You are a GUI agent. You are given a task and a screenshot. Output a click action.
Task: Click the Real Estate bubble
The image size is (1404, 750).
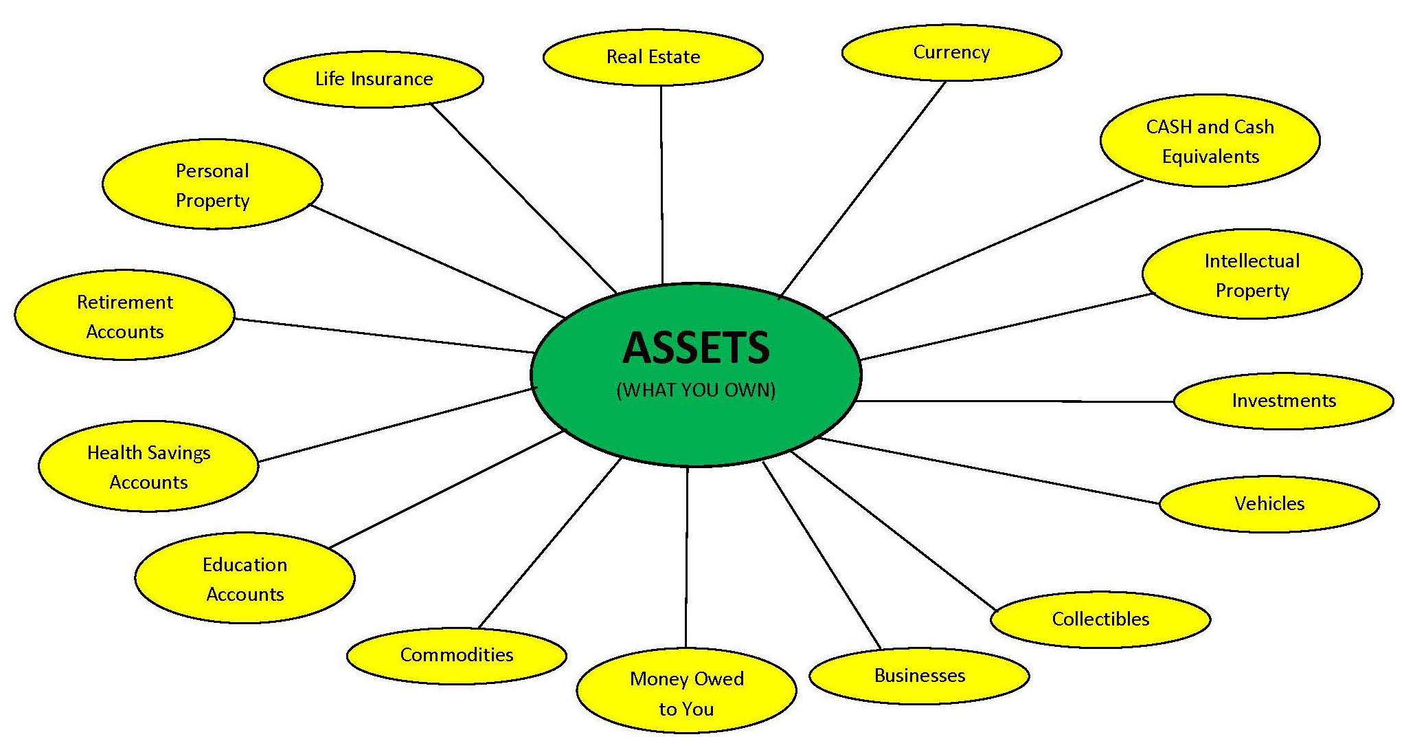tap(653, 57)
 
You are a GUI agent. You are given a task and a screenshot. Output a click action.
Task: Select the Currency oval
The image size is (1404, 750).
tap(951, 53)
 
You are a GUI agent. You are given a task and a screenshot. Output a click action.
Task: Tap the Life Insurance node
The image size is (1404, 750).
tap(374, 79)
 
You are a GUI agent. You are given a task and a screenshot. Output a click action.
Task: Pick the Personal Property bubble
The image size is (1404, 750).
tap(212, 185)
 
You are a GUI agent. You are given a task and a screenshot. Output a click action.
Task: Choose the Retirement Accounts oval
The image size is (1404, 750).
tap(124, 316)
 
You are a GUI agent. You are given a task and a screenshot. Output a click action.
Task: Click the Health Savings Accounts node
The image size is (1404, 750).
tap(148, 467)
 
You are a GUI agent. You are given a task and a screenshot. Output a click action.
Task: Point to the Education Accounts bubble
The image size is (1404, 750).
tap(245, 579)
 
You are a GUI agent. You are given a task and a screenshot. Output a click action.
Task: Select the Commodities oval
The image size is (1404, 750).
tap(456, 655)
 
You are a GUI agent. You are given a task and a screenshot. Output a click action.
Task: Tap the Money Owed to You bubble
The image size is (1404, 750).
tap(686, 693)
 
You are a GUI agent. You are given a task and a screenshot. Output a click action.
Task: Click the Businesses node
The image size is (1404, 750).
tap(919, 676)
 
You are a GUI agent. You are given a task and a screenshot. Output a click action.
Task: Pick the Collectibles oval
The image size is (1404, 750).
tap(1100, 619)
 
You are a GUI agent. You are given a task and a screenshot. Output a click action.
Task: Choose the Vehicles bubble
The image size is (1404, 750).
tap(1269, 504)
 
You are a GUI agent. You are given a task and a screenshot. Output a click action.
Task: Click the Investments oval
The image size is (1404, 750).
tap(1283, 401)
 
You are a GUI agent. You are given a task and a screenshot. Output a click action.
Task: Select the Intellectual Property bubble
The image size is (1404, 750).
tap(1252, 275)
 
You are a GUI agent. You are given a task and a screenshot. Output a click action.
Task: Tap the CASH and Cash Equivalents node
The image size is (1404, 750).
tap(1210, 141)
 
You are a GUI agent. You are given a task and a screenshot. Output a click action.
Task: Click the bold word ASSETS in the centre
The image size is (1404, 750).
tap(696, 348)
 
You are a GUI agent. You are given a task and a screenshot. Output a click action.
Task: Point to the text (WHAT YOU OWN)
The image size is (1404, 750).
tap(696, 390)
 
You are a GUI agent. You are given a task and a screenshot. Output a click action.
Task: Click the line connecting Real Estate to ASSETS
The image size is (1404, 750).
tap(661, 186)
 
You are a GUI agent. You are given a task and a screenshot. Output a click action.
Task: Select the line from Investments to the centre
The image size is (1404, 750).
tap(1017, 401)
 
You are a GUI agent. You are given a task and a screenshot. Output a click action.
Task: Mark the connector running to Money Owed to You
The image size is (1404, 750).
tap(686, 557)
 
